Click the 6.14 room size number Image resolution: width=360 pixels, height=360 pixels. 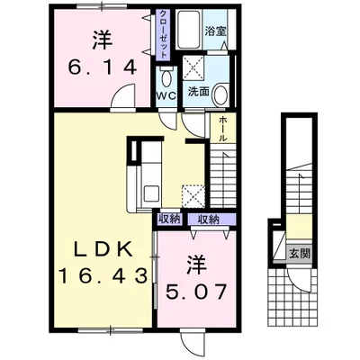click(x=102, y=67)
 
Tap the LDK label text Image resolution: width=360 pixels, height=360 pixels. click(x=103, y=249)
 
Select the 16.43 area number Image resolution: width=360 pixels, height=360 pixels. click(x=103, y=275)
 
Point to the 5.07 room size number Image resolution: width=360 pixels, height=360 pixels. click(x=195, y=292)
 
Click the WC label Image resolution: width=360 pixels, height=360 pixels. click(x=166, y=95)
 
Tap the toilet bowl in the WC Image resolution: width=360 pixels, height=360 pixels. click(x=166, y=77)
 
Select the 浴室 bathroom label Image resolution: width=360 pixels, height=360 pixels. click(x=215, y=31)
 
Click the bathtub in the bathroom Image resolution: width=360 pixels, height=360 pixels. click(x=189, y=30)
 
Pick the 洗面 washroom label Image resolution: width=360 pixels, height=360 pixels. click(x=198, y=92)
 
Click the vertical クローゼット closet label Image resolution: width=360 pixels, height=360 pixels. click(x=163, y=34)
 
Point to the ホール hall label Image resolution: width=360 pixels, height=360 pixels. click(x=223, y=129)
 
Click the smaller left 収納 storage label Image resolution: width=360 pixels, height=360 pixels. click(x=170, y=220)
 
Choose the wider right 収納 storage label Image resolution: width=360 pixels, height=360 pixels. click(x=208, y=220)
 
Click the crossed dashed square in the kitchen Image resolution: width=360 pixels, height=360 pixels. click(x=193, y=196)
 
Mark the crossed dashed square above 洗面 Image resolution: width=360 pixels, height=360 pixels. click(x=193, y=67)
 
